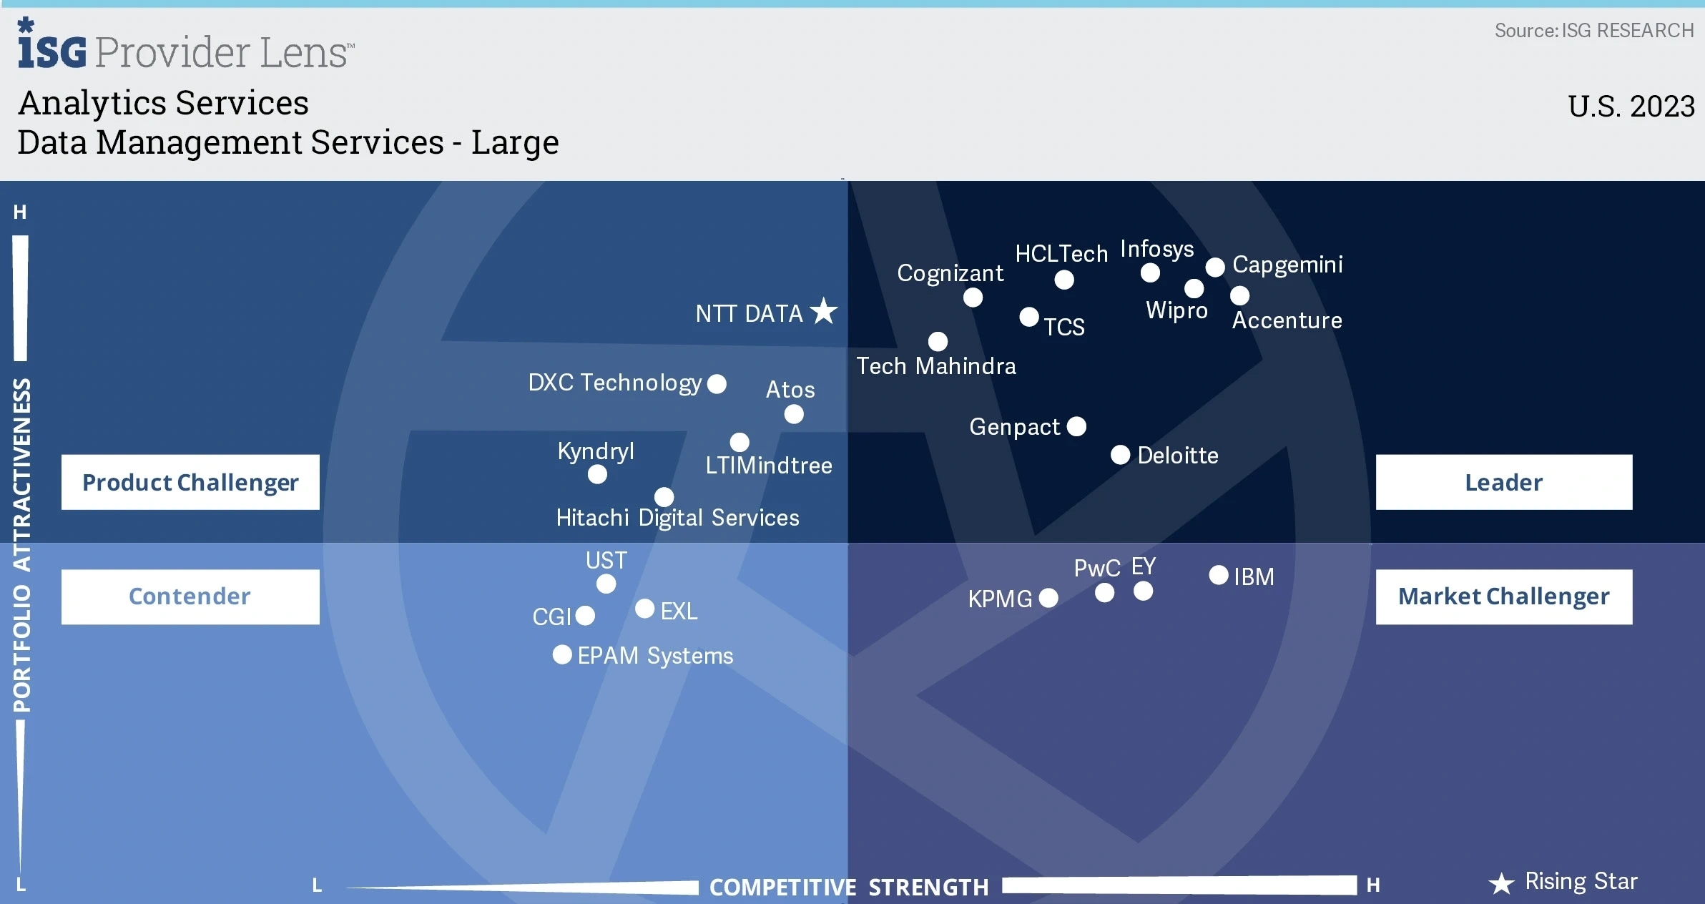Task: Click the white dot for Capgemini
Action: pos(1215,267)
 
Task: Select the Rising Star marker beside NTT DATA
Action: pos(824,311)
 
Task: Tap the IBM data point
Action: pos(1219,575)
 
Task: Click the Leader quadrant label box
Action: pos(1504,482)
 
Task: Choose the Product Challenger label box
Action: pos(190,482)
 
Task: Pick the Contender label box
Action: pos(190,596)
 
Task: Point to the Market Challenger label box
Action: pos(1504,596)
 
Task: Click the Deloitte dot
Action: pos(1121,455)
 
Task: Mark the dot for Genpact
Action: pos(1076,426)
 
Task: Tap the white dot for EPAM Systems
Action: pos(562,654)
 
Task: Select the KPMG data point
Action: pos(1048,598)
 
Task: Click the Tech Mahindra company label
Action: pos(936,366)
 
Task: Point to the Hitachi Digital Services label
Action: pos(677,518)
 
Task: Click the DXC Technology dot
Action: pos(717,384)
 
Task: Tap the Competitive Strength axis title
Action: pos(849,887)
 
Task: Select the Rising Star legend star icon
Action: pos(1501,883)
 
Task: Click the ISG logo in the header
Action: pos(52,44)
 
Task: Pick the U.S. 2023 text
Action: pos(1631,107)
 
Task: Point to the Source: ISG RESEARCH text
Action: pos(1594,31)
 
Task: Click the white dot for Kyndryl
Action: pos(597,474)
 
